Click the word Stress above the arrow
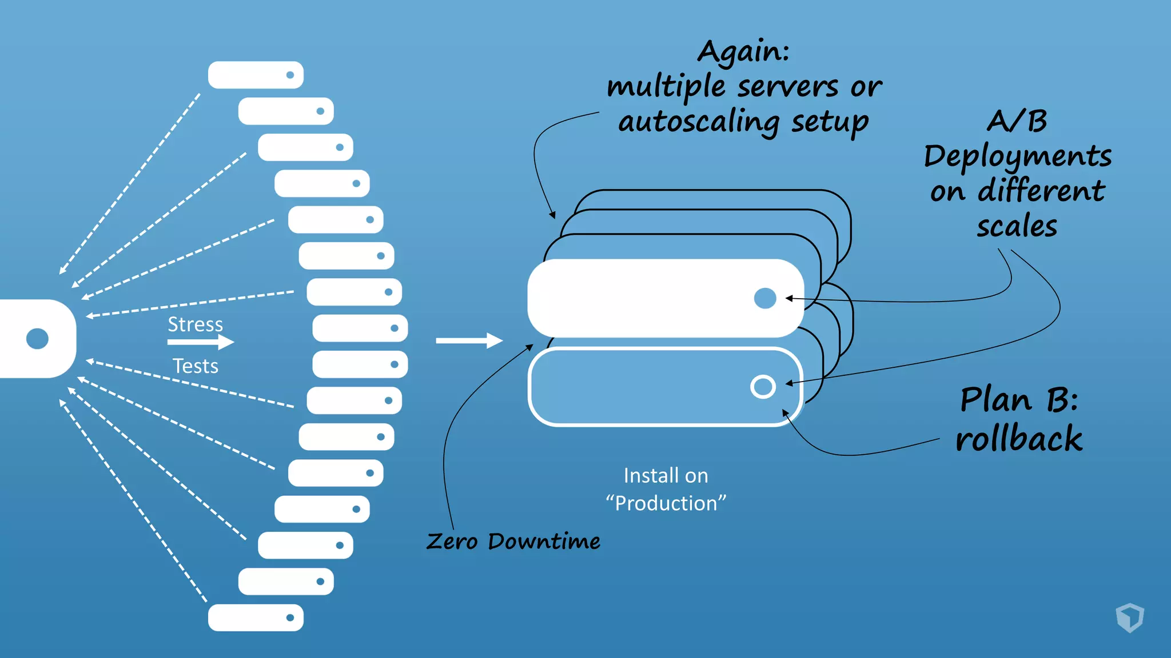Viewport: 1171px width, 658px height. pos(195,324)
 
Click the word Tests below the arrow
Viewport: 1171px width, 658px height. pos(196,366)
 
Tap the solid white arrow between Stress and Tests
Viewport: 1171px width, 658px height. pos(200,342)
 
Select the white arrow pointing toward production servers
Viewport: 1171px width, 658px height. pos(468,340)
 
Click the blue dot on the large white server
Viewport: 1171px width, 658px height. pos(765,298)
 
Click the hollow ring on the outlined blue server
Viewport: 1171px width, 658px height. pos(763,387)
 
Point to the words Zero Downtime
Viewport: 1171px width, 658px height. pos(513,541)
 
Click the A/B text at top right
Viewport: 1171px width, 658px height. pos(1017,121)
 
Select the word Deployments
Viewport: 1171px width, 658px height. pos(1017,156)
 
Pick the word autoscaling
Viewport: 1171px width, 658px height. pos(699,122)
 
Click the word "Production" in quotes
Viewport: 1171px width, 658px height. pos(666,503)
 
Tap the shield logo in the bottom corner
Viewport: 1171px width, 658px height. pos(1130,617)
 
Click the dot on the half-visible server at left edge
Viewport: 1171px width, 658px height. pos(38,339)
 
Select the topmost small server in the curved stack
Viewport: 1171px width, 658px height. pos(256,75)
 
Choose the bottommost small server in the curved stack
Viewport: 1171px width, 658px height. pos(256,617)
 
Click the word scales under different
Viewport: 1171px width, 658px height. pos(1017,226)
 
